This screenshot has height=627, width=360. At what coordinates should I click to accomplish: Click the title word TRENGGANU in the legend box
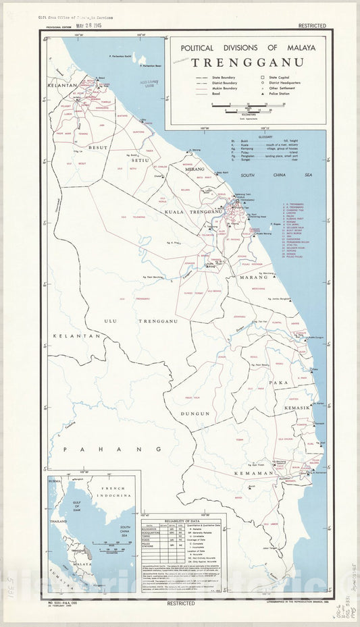(247, 63)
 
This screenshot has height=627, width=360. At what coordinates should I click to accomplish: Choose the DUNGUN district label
(195, 413)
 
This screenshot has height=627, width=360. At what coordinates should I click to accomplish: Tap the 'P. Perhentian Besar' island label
(149, 67)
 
